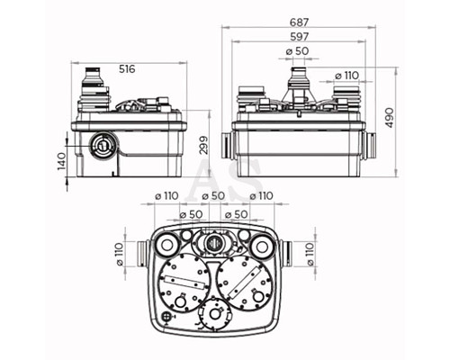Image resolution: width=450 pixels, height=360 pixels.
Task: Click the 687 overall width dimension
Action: click(299, 22)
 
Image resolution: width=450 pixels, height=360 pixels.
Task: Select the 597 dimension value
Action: click(299, 37)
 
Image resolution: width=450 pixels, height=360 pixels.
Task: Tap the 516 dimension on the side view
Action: click(127, 69)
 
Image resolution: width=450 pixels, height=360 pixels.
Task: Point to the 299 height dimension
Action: click(204, 145)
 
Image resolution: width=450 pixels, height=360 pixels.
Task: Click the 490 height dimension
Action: click(390, 118)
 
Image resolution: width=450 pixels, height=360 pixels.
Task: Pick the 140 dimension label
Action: click(61, 161)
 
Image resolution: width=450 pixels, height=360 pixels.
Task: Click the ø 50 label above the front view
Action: click(297, 51)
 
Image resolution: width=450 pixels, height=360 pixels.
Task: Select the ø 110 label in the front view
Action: click(346, 76)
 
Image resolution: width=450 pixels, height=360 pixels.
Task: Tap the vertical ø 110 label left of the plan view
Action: click(119, 254)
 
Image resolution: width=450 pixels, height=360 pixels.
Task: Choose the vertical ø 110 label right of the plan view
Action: click(310, 254)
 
